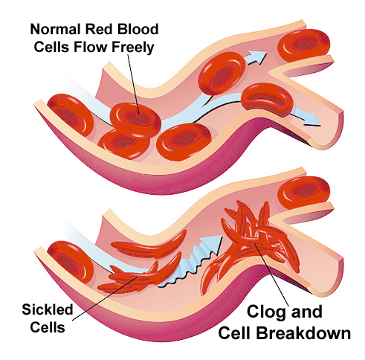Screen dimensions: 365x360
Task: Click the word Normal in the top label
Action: pyautogui.click(x=55, y=29)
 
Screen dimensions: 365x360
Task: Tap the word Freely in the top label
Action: pyautogui.click(x=133, y=47)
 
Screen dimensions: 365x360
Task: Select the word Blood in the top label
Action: pyautogui.click(x=138, y=29)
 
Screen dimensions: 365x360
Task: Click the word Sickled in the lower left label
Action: pyautogui.click(x=48, y=309)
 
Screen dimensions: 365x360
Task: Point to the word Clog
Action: pyautogui.click(x=267, y=312)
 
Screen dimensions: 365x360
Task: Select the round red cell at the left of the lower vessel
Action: pyautogui.click(x=70, y=263)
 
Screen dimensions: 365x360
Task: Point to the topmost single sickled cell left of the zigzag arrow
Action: pyautogui.click(x=149, y=244)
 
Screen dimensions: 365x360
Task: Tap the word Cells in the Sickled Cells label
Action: pyautogui.click(x=48, y=327)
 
